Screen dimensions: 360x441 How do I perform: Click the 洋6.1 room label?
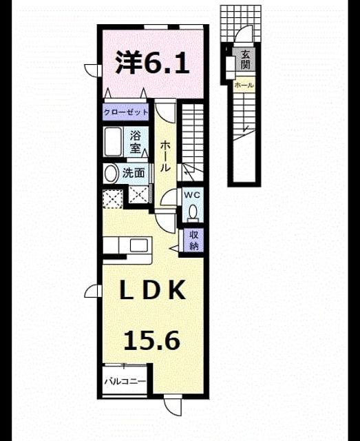click(152, 63)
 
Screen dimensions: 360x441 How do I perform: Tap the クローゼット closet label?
click(125, 112)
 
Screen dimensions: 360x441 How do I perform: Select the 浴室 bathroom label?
click(135, 143)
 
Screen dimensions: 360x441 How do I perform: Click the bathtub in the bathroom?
click(112, 141)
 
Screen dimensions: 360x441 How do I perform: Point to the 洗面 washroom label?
click(134, 173)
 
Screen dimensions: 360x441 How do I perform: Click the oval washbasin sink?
click(111, 173)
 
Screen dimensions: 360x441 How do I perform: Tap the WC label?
click(192, 194)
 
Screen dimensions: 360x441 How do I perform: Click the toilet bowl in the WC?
click(193, 212)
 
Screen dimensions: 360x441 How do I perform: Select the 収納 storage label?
click(193, 240)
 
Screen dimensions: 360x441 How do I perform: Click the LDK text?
click(153, 290)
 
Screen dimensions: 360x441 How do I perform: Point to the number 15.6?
click(151, 340)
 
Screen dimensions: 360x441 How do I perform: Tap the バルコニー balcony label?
click(125, 381)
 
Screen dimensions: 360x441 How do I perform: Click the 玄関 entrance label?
click(245, 60)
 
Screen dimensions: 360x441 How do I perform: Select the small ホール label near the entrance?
click(244, 85)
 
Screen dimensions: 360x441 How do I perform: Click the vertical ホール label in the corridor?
click(165, 156)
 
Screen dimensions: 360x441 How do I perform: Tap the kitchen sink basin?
click(138, 245)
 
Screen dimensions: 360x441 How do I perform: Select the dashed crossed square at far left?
click(113, 199)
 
